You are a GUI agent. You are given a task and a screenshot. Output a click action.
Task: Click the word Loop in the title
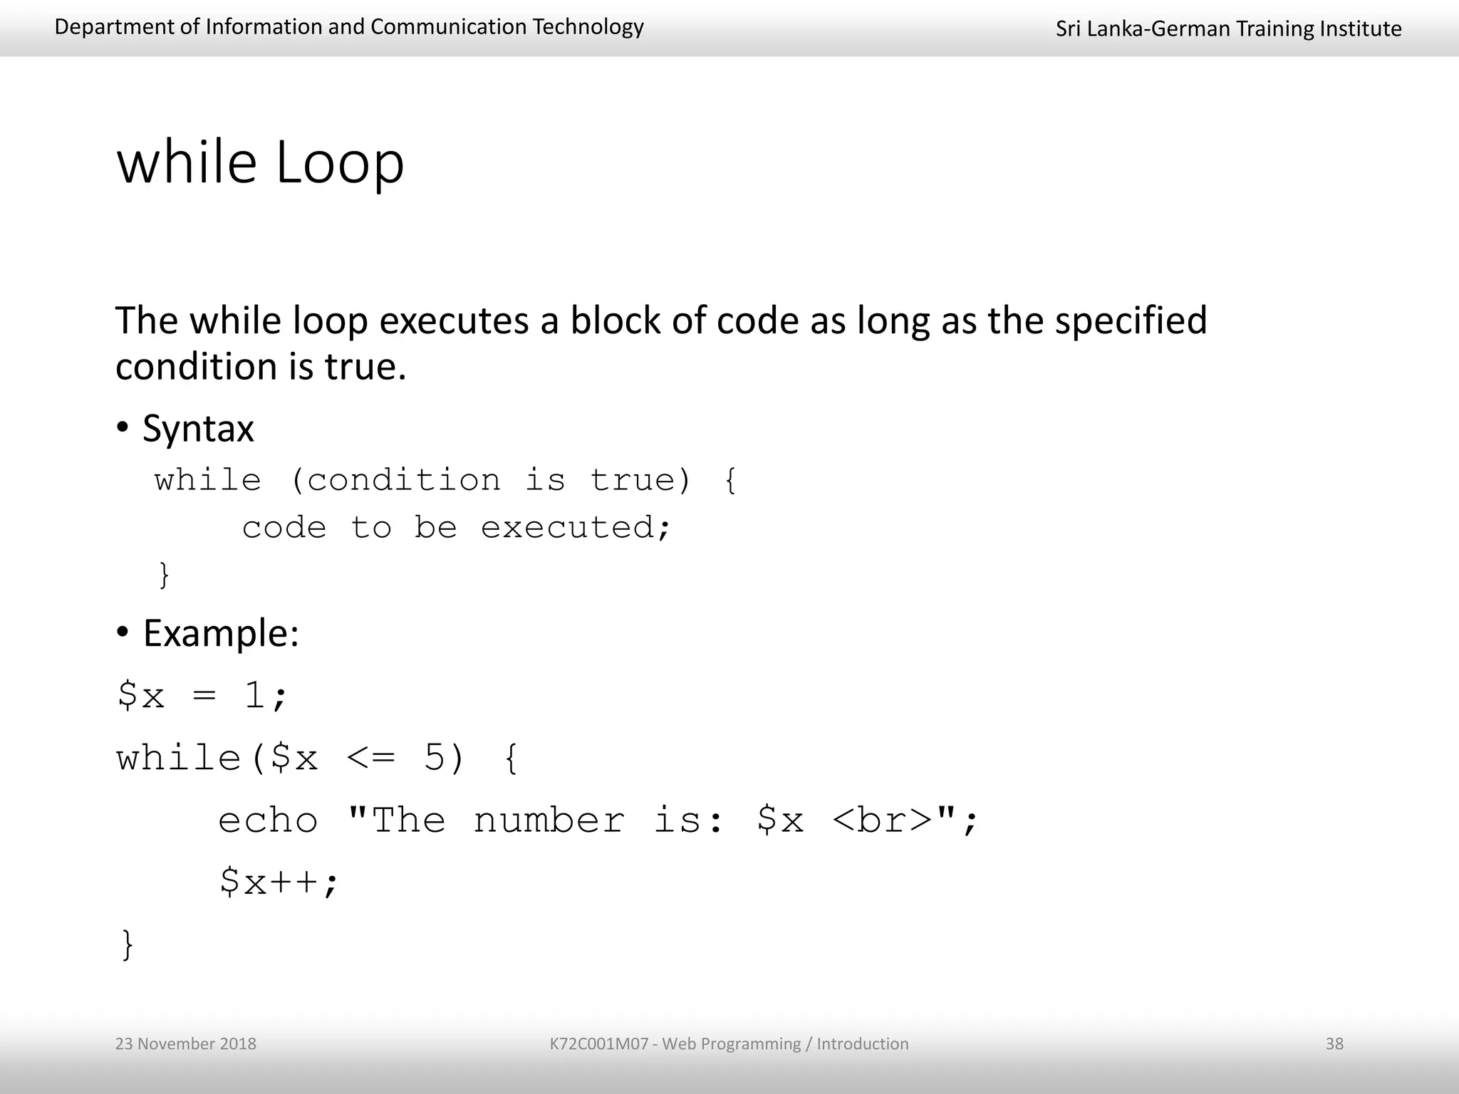click(339, 164)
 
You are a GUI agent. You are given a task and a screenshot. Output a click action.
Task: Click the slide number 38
click(1334, 1043)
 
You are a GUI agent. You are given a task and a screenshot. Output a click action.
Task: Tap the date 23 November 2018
click(185, 1043)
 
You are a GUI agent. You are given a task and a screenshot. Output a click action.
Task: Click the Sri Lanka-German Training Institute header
click(1228, 28)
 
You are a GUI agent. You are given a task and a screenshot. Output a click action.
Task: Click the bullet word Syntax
click(198, 429)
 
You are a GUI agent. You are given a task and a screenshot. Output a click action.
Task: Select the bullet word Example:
click(221, 633)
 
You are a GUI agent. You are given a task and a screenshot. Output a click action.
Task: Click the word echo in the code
click(268, 820)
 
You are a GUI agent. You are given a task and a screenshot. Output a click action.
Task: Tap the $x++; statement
click(279, 882)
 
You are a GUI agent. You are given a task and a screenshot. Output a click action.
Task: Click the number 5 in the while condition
click(434, 758)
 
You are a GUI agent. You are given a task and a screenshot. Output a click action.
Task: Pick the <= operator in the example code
click(370, 758)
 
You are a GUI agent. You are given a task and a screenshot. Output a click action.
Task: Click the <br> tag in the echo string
click(882, 820)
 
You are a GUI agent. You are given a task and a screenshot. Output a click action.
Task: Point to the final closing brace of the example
click(128, 945)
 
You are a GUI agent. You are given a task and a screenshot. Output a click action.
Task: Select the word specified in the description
click(1131, 321)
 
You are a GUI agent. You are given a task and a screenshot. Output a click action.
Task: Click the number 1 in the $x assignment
click(255, 695)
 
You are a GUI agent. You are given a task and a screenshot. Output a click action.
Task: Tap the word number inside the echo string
click(549, 820)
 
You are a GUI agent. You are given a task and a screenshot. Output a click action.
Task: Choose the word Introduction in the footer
click(862, 1043)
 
